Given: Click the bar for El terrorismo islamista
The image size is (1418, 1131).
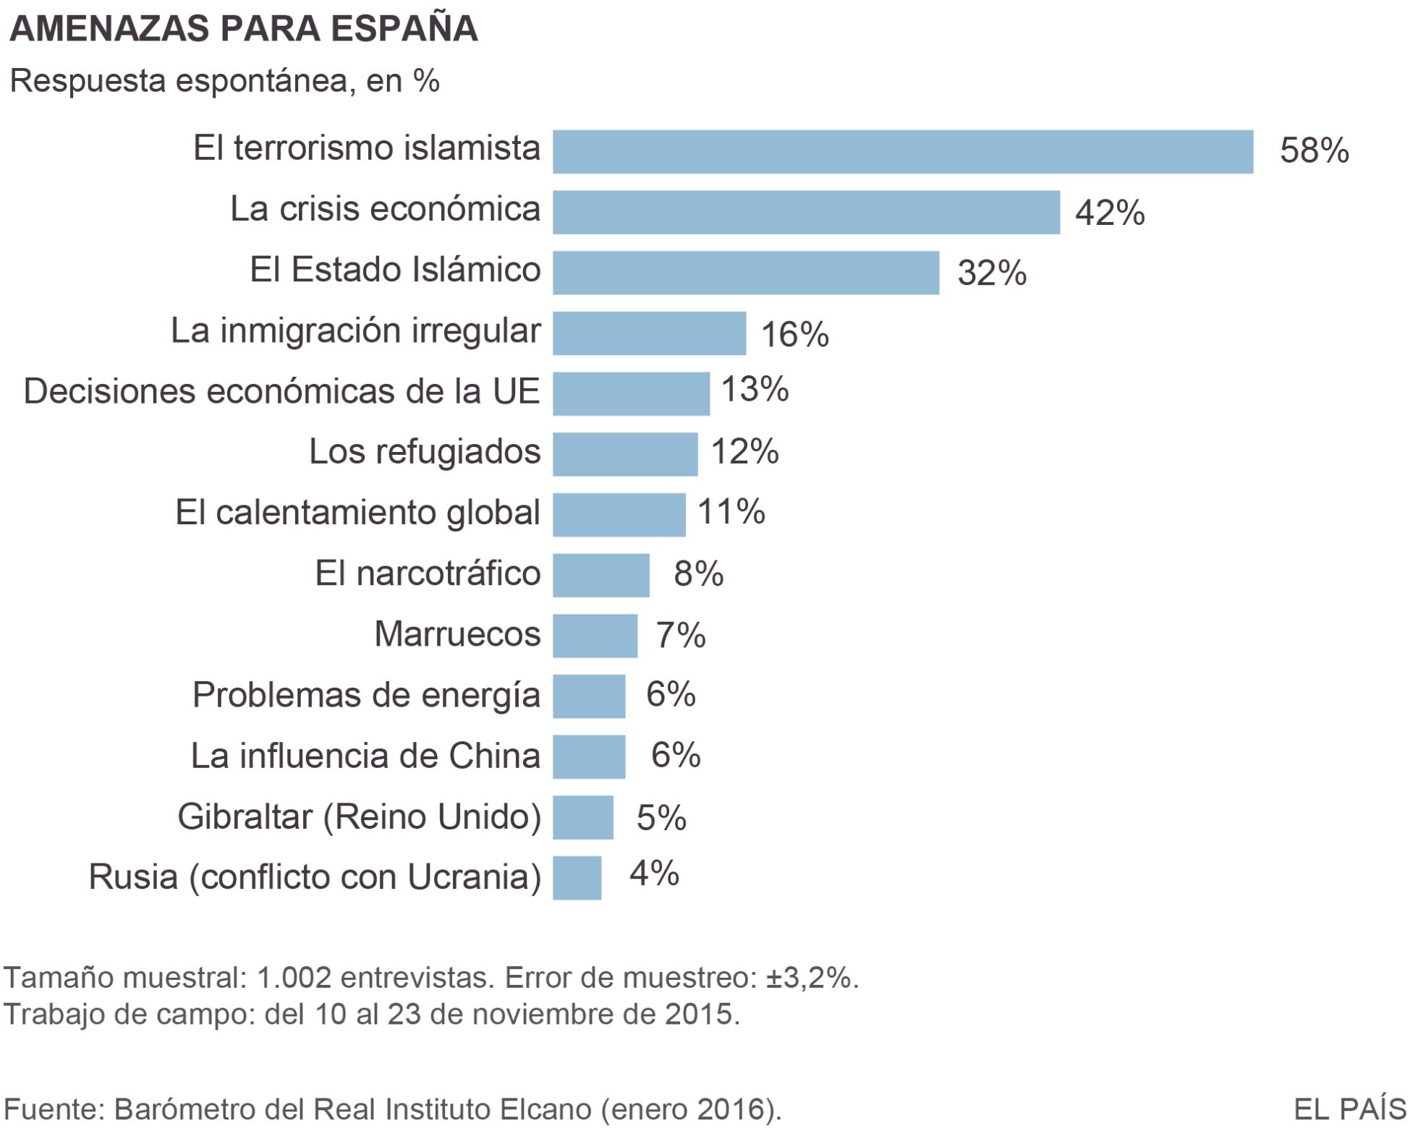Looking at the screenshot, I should [x=902, y=152].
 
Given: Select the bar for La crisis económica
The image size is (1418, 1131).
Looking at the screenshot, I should [x=806, y=213].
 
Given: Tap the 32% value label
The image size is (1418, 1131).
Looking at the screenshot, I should [x=991, y=273].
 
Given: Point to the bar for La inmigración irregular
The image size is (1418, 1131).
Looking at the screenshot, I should [x=649, y=333].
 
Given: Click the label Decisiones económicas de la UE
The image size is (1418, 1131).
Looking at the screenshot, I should [x=281, y=391].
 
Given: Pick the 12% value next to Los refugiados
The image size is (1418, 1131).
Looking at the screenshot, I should [x=744, y=451].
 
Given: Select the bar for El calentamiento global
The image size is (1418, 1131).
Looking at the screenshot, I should [x=619, y=515].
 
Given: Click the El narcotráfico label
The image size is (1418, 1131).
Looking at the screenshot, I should [x=428, y=573].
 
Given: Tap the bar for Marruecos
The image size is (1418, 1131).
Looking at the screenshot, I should [x=595, y=636].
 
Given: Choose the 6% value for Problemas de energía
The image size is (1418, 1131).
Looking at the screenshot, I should [x=670, y=694].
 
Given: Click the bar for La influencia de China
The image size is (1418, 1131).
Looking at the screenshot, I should [x=589, y=756].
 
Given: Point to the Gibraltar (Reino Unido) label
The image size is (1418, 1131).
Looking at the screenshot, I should [x=359, y=817].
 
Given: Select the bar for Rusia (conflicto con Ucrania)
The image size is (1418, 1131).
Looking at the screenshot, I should [x=577, y=878].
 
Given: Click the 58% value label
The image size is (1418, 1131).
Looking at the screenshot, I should [x=1314, y=151].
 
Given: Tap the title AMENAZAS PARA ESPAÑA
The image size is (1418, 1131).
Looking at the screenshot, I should [x=243, y=29].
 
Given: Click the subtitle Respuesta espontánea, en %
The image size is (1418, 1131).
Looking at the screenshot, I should [x=224, y=81].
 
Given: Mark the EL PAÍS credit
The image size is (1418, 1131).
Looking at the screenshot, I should [x=1349, y=1109].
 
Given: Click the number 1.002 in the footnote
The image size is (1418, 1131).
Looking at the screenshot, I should [x=294, y=978].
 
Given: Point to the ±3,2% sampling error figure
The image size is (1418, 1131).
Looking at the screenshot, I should [x=811, y=978].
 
